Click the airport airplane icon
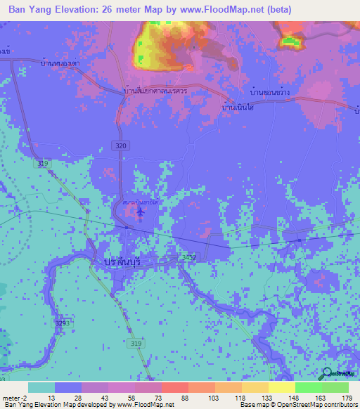pos(141,212)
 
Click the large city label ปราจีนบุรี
pos(117,261)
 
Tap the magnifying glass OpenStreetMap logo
pos(327,375)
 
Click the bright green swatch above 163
pos(308,387)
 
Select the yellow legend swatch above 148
pos(281,387)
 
